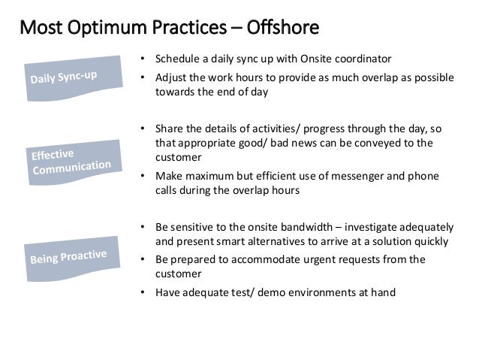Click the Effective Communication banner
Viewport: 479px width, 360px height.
(71, 159)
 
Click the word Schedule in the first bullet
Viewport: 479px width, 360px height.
(174, 59)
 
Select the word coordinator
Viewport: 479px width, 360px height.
(365, 59)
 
